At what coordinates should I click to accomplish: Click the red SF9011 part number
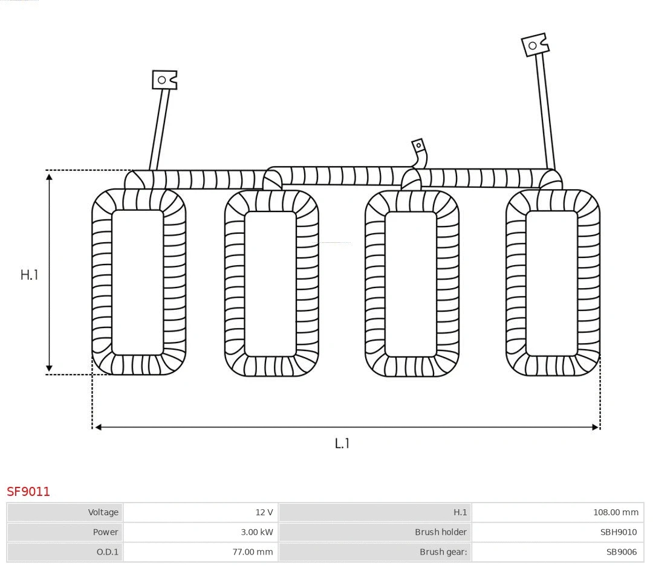coord(28,492)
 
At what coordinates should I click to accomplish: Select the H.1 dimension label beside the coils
coord(29,275)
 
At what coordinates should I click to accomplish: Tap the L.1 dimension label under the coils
coord(342,443)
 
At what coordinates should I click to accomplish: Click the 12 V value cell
coord(264,512)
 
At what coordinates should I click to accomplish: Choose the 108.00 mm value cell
coord(615,512)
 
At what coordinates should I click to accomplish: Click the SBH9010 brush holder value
coord(618,532)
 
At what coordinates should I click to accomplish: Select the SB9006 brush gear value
coord(621,552)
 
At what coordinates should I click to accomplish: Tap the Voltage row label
coord(103,512)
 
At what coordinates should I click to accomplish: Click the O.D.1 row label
coord(107,552)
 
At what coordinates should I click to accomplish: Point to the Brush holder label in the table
coord(440,532)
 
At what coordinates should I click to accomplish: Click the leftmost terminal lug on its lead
coord(164,80)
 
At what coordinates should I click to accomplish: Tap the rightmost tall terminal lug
coord(534,45)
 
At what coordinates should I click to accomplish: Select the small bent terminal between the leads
coord(418,146)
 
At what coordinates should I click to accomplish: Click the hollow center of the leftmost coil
coord(138,282)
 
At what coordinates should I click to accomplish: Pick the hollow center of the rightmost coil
coord(551,283)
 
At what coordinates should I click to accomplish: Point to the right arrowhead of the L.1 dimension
coord(596,427)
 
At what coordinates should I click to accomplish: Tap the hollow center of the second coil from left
coord(270,283)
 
